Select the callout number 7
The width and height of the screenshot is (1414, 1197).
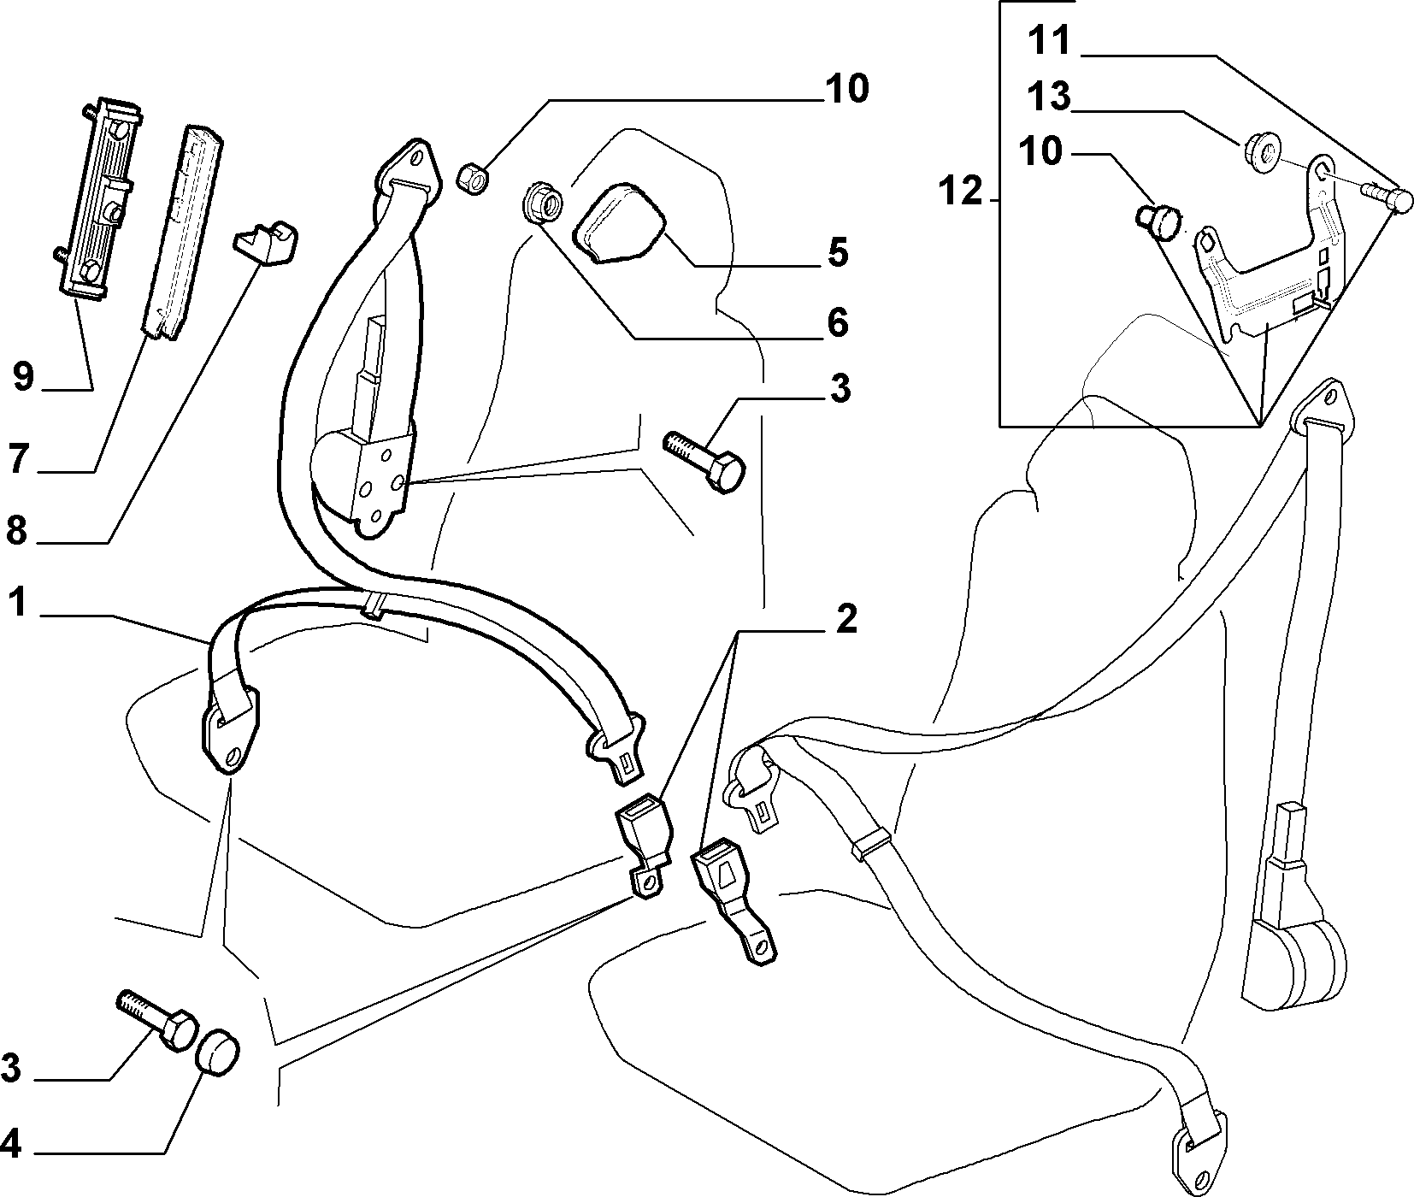pyautogui.click(x=21, y=457)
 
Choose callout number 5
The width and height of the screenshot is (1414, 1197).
pyautogui.click(x=837, y=252)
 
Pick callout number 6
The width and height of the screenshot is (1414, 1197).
pyautogui.click(x=837, y=322)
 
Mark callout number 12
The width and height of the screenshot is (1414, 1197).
pyautogui.click(x=963, y=192)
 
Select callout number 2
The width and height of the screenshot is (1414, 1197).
pyautogui.click(x=845, y=619)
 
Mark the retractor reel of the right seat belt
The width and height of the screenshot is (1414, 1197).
pyautogui.click(x=1294, y=956)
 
